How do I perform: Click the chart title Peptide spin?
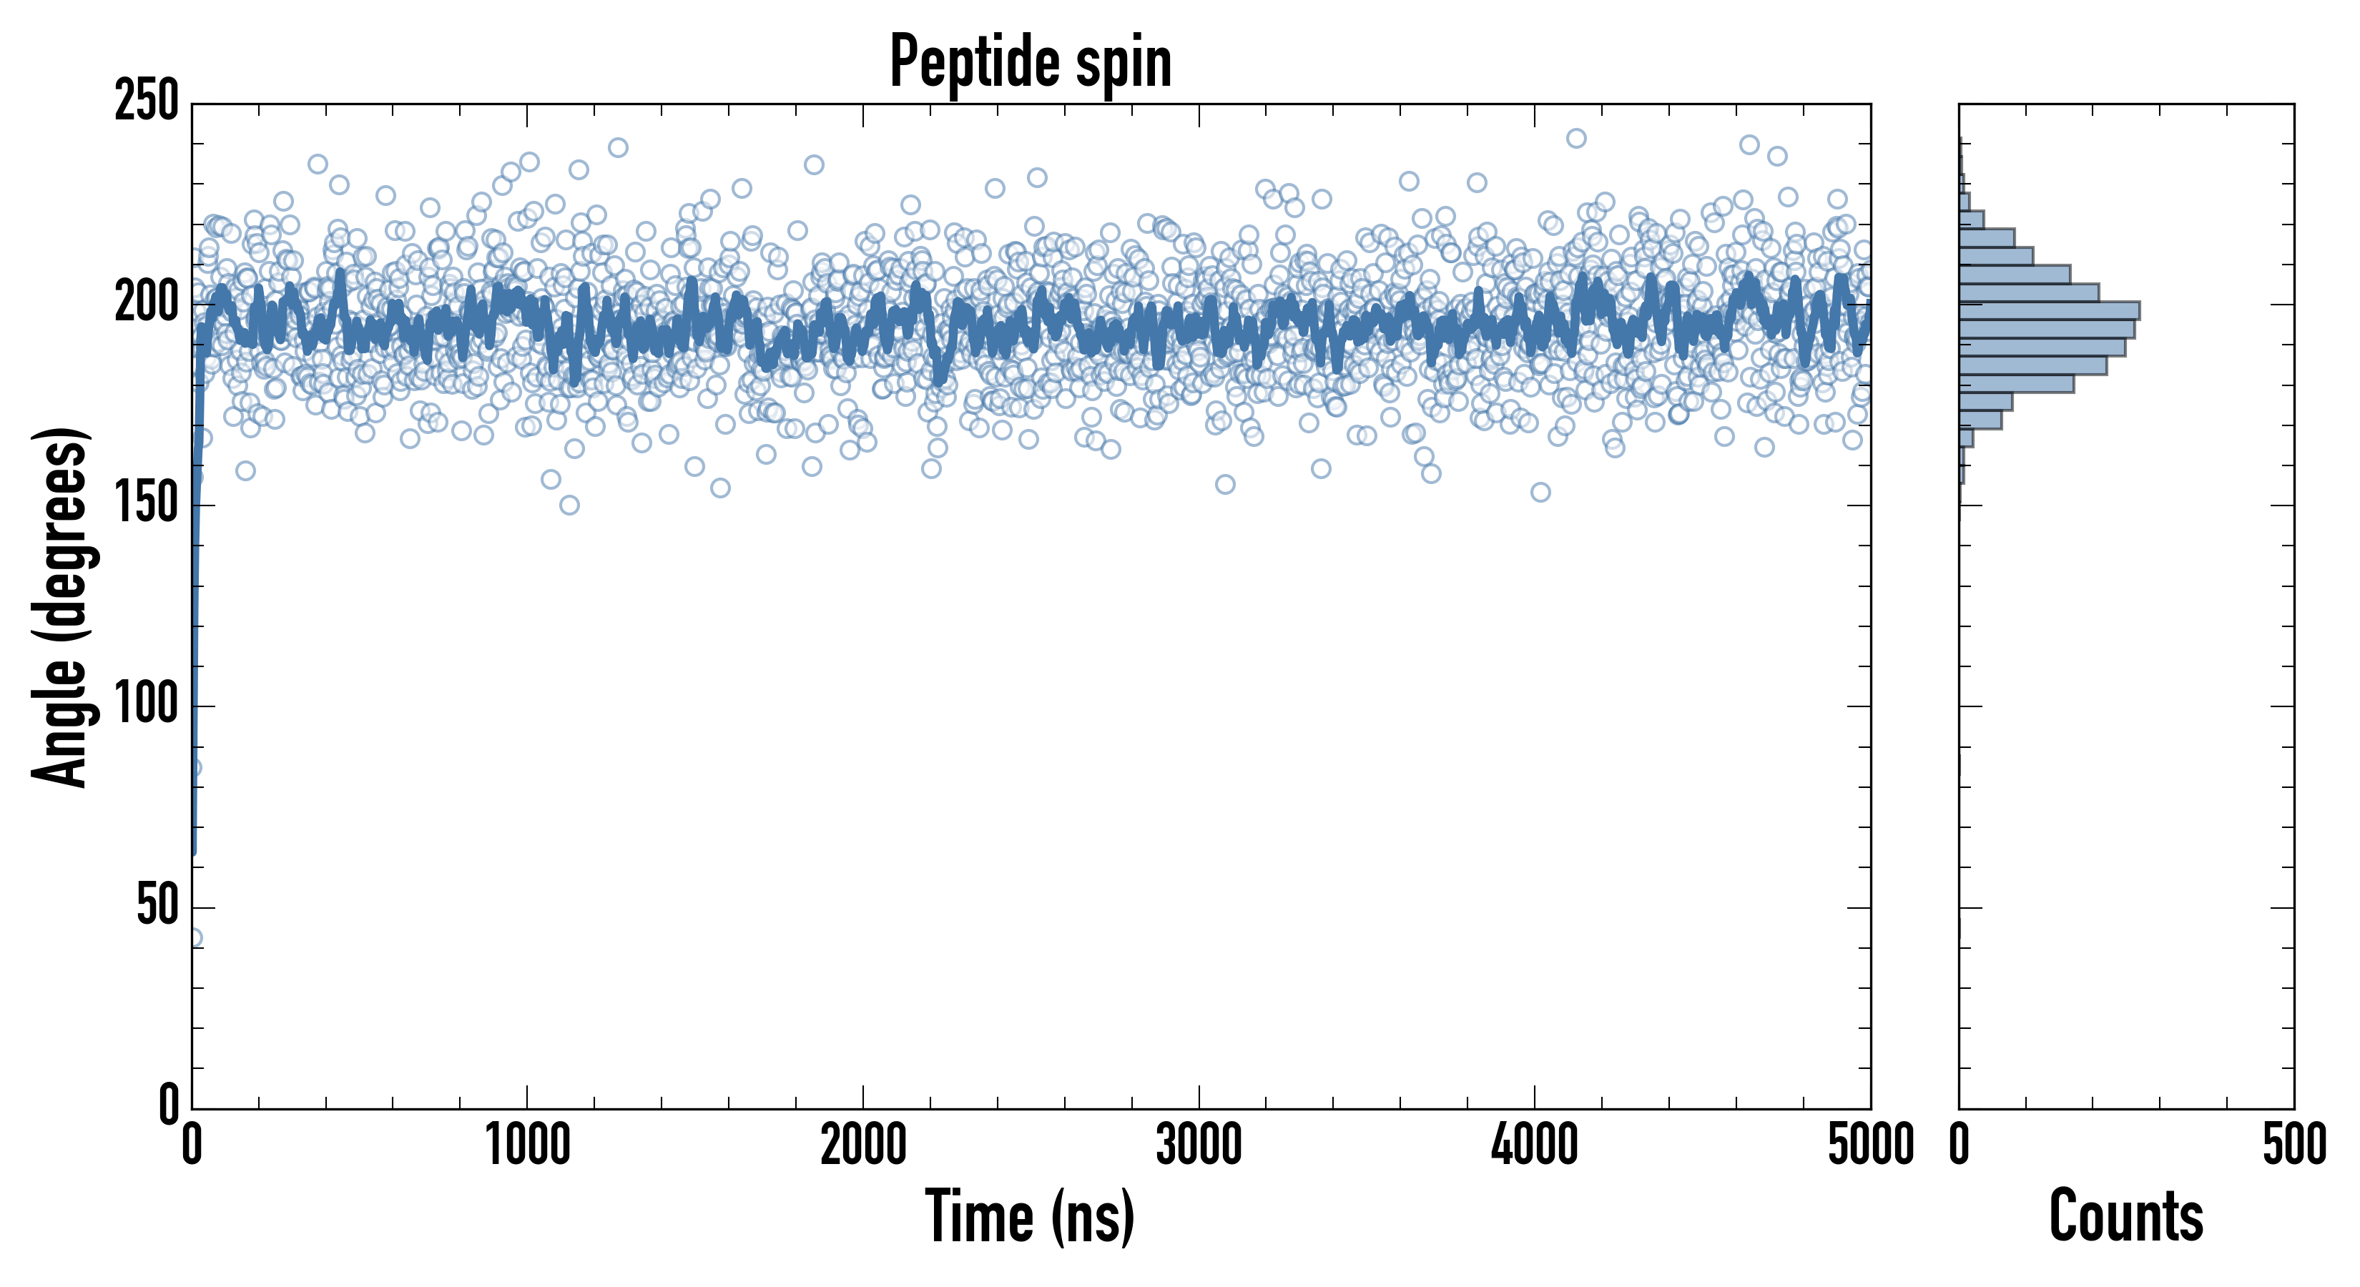(1031, 62)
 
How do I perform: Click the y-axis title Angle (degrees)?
(61, 606)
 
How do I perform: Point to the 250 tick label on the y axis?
(147, 102)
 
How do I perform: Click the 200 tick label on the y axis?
(147, 303)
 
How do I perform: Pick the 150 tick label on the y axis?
(147, 505)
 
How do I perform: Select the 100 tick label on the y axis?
(147, 706)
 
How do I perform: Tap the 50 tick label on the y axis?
(157, 907)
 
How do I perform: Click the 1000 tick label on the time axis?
(528, 1145)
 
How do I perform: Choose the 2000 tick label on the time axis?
(863, 1145)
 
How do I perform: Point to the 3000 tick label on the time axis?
(1199, 1145)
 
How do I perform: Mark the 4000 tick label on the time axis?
(1535, 1145)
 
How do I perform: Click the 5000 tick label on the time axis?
(1870, 1145)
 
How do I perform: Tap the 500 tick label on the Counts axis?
(2294, 1145)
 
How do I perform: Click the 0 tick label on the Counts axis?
(1960, 1145)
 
